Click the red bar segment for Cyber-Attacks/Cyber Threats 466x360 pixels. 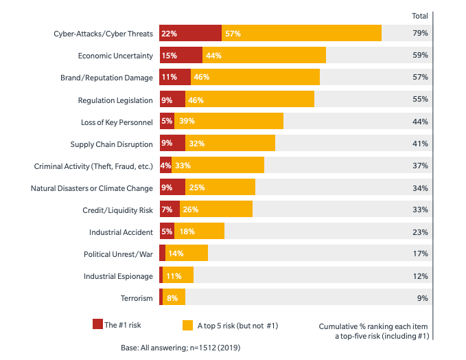point(190,33)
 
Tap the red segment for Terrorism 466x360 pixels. point(161,297)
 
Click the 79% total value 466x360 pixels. point(420,33)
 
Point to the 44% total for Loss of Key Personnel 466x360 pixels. point(420,122)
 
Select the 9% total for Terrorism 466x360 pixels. point(422,297)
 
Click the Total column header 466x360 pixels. point(419,16)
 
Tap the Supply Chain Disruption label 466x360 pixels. point(111,144)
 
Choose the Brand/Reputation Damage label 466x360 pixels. point(106,78)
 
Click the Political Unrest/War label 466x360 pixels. point(118,254)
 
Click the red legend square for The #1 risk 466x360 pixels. point(97,324)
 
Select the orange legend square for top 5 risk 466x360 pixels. point(187,324)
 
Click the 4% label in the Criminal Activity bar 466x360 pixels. point(165,166)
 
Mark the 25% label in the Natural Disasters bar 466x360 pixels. point(197,188)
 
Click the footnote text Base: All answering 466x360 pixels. point(180,348)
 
